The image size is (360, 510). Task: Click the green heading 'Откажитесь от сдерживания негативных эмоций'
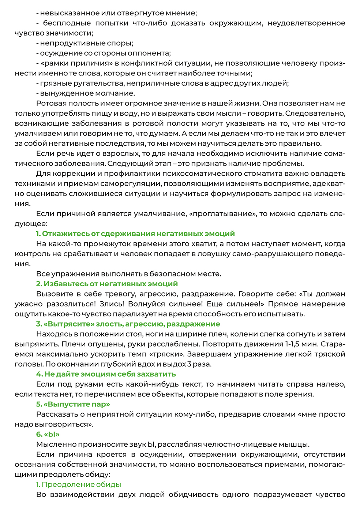coord(135,234)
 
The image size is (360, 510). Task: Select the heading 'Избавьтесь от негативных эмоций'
coord(107,284)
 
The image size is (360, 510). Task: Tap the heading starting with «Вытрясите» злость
coord(128,324)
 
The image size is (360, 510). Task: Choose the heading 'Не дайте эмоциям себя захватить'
coord(106,374)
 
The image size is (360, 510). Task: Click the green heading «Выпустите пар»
coord(73,404)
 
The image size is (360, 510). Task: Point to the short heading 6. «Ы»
coord(48,434)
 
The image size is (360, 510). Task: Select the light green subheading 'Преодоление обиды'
coord(79,484)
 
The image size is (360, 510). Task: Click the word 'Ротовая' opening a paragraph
coord(51,103)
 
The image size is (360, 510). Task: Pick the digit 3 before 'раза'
coord(189,364)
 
